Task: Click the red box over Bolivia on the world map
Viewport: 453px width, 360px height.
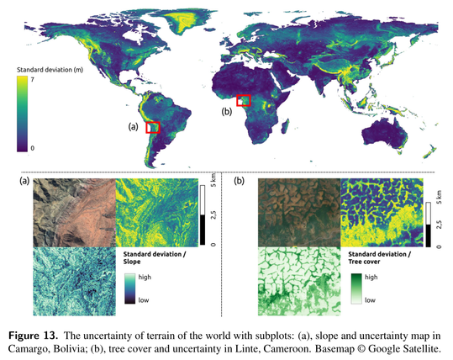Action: [x=153, y=127]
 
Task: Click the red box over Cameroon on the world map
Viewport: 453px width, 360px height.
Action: [x=244, y=100]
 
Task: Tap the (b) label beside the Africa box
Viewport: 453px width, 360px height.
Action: [x=226, y=110]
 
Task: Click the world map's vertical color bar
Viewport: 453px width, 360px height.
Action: [x=20, y=113]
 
